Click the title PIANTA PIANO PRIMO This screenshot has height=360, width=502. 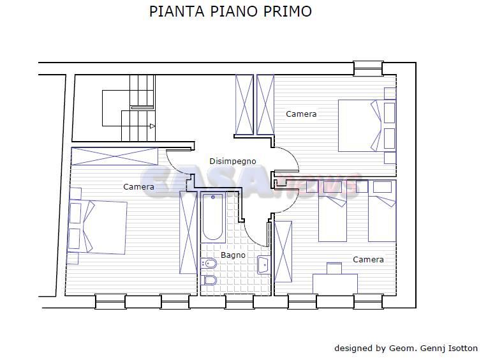pos(230,11)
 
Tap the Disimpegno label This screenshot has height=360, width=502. pos(233,161)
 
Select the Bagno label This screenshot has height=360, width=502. pos(233,255)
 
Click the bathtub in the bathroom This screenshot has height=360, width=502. pos(213,217)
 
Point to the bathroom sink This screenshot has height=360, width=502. pos(263,264)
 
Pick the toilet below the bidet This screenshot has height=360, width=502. pos(209,280)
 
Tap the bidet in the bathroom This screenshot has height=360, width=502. pos(209,263)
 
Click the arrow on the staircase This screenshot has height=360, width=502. pos(152,126)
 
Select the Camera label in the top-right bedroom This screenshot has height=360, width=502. pos(301,114)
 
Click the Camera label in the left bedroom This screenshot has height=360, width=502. pos(138,186)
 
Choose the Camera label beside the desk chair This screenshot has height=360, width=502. pos(368,260)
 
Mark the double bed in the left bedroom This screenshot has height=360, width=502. pos(102,227)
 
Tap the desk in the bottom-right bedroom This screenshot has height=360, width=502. pos(335,283)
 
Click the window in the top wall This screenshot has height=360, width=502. pos(368,68)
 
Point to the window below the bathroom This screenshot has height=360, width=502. pos(239,301)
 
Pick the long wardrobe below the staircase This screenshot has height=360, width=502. pos(114,156)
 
